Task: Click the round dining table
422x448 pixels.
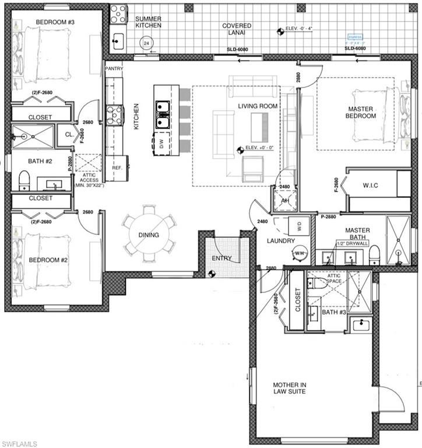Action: pyautogui.click(x=148, y=235)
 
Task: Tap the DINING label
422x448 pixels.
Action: pyautogui.click(x=148, y=235)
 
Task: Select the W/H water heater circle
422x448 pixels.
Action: pyautogui.click(x=300, y=253)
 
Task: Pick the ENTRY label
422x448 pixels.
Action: pyautogui.click(x=221, y=258)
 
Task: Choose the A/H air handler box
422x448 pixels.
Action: pyautogui.click(x=286, y=199)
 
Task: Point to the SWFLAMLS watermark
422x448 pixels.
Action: pyautogui.click(x=19, y=443)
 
